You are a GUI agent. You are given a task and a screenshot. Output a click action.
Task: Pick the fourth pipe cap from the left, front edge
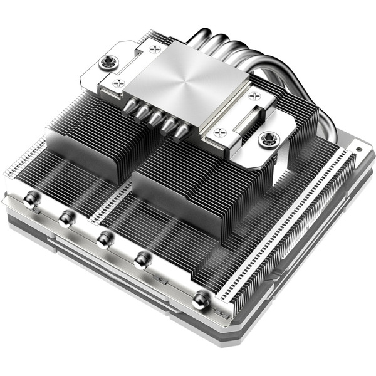(143, 258)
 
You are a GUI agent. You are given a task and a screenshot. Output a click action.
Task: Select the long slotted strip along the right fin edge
(285, 226)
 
